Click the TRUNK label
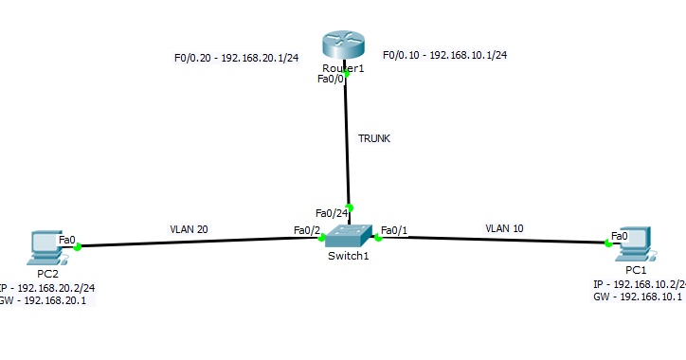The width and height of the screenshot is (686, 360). [x=374, y=138]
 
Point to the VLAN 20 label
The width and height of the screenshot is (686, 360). [x=189, y=229]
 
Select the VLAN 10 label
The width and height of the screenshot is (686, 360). [x=504, y=228]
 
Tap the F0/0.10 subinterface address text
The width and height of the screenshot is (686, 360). [x=444, y=56]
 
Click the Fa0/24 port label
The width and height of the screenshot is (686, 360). [x=331, y=212]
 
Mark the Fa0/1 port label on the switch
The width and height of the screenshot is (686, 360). [x=393, y=230]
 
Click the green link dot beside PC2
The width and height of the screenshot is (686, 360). [x=78, y=247]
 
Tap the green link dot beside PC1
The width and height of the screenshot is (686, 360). [x=607, y=243]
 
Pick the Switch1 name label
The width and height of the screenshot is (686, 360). [x=348, y=257]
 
